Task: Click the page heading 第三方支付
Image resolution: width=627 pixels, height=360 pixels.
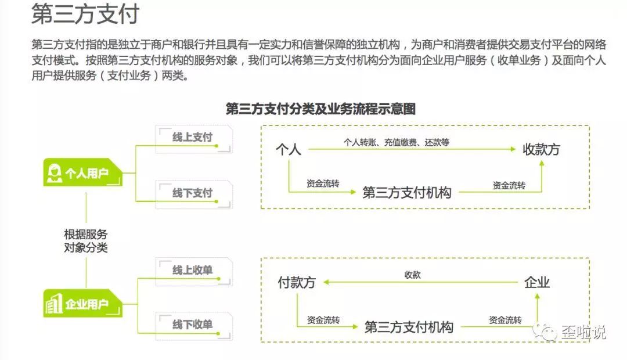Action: click(85, 15)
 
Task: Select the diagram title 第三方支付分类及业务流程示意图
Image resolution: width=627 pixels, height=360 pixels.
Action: click(320, 109)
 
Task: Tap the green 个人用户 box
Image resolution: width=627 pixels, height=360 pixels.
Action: click(83, 172)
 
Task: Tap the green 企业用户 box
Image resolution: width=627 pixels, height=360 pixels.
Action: click(83, 303)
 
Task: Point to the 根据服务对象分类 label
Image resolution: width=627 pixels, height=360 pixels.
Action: click(86, 241)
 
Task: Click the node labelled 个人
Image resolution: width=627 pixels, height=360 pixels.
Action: click(289, 150)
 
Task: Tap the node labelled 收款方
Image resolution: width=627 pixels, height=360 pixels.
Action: click(541, 149)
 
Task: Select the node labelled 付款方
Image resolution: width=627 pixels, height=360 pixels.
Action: click(296, 283)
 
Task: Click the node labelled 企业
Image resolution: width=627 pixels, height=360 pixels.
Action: click(536, 283)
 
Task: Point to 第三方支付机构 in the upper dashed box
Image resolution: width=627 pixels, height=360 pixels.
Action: click(407, 193)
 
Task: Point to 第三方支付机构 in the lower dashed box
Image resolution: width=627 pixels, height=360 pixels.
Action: click(409, 327)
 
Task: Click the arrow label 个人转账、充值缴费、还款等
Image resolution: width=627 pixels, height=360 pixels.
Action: click(396, 142)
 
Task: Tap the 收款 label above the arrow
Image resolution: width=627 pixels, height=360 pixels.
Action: click(412, 275)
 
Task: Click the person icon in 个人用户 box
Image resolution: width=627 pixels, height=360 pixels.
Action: click(55, 172)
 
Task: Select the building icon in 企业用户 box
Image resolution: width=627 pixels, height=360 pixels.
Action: click(54, 303)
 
